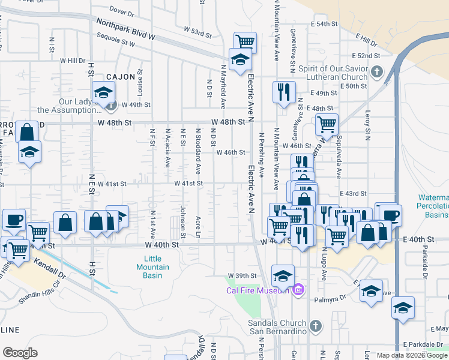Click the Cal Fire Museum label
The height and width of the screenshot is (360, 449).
pos(258,291)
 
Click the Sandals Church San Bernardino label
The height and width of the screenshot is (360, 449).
pos(277,327)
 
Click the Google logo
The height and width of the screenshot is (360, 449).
pos(20,353)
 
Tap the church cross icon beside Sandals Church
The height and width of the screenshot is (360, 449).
pos(316,327)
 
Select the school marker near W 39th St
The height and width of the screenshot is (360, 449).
pos(283,275)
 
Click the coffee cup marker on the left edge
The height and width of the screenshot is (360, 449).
pos(13,220)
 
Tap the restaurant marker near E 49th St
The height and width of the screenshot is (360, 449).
pos(283,92)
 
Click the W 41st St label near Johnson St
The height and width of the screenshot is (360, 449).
pos(188,184)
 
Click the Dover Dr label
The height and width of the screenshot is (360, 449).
pos(121,11)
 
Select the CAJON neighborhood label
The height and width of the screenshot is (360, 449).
pos(121,77)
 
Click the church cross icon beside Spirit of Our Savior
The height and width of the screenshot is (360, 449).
pos(376,73)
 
